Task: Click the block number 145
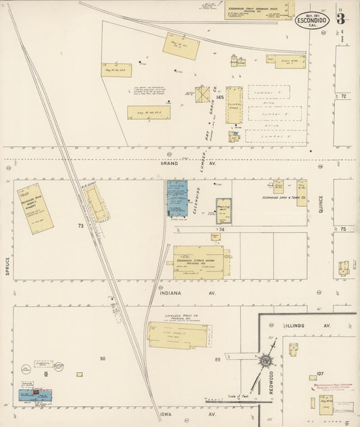tap(220, 99)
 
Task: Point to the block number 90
tap(103, 358)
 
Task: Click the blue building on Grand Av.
tap(177, 198)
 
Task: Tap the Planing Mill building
tap(224, 211)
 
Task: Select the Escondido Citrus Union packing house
tap(198, 262)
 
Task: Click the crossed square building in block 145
tap(203, 95)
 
